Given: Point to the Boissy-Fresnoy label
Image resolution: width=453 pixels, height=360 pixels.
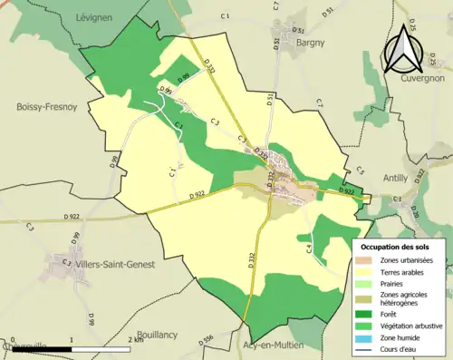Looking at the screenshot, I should (x=45, y=106).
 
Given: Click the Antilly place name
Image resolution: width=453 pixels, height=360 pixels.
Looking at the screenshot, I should (x=396, y=178).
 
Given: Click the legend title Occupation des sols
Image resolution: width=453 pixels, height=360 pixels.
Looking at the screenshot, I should (x=397, y=247).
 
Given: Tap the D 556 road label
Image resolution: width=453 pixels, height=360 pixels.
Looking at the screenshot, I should (x=207, y=338).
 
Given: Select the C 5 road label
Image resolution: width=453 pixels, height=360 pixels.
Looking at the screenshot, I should (x=359, y=170).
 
